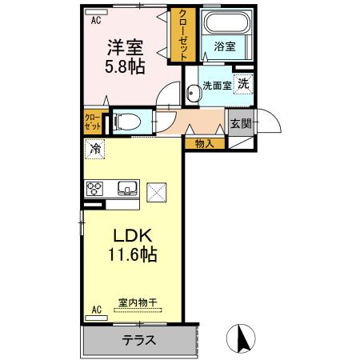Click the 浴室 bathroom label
225,47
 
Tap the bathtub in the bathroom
225,23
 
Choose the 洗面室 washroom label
217,85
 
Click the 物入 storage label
204,143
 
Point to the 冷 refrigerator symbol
96,148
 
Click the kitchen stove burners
95,190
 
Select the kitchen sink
126,189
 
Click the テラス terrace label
139,340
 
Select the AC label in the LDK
96,309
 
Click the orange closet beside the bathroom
184,36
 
